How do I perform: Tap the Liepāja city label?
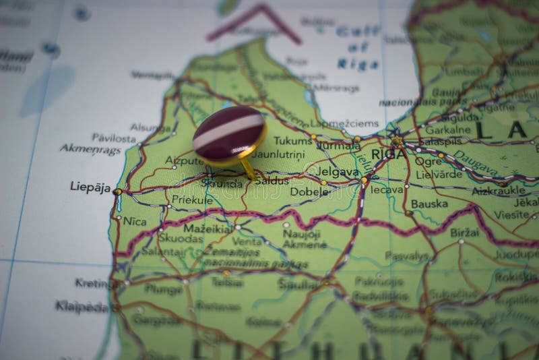(90, 187)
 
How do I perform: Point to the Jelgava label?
(338, 172)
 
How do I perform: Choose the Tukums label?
(292, 140)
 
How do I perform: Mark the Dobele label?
(309, 191)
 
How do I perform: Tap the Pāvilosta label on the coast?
(113, 138)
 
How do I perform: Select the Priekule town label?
(192, 200)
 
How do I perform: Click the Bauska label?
(429, 203)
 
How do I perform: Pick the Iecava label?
(387, 190)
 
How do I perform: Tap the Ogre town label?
(429, 162)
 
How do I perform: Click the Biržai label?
(464, 232)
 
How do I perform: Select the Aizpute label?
(184, 160)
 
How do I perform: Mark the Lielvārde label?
(439, 174)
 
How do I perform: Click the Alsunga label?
(150, 127)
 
